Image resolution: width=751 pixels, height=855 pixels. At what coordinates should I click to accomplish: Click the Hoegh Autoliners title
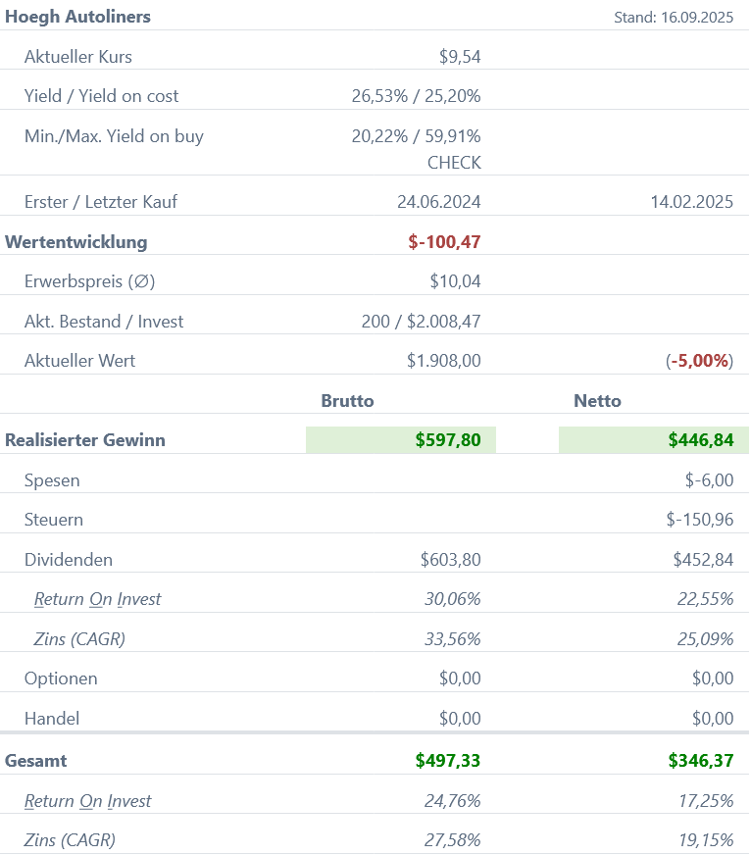coord(78,17)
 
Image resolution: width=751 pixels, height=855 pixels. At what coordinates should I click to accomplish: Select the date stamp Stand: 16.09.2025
coord(674,17)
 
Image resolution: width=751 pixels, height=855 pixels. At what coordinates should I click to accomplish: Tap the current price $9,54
coord(460,57)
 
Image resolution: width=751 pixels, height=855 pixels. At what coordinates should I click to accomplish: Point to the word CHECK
coord(454,163)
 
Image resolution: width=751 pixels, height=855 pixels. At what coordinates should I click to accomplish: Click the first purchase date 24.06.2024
coord(438,203)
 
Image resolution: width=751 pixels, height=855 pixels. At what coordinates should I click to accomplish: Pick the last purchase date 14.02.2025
coord(691,203)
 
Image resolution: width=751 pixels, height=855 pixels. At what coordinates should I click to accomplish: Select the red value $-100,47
coord(444,242)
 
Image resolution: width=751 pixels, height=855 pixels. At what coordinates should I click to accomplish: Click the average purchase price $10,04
coord(455,281)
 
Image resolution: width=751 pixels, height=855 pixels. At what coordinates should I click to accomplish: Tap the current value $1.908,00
coord(444,361)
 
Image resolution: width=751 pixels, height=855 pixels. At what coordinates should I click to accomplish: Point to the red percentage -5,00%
coord(700,361)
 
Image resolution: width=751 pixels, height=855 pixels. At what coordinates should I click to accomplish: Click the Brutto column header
coord(347,400)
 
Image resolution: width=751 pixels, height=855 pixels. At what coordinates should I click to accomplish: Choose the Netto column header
coord(597,400)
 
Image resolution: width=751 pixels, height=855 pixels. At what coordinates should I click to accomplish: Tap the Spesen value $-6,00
coord(709,480)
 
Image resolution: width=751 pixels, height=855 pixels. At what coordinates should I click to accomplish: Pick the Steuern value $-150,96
coord(699,520)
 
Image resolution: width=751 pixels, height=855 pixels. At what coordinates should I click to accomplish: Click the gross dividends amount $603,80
coord(450,560)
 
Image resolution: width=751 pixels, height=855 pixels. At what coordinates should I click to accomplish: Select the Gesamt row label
coord(36,761)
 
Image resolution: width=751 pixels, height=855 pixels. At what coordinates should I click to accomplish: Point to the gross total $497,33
coord(448,761)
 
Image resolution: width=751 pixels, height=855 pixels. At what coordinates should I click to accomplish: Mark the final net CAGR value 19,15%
coord(705,840)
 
